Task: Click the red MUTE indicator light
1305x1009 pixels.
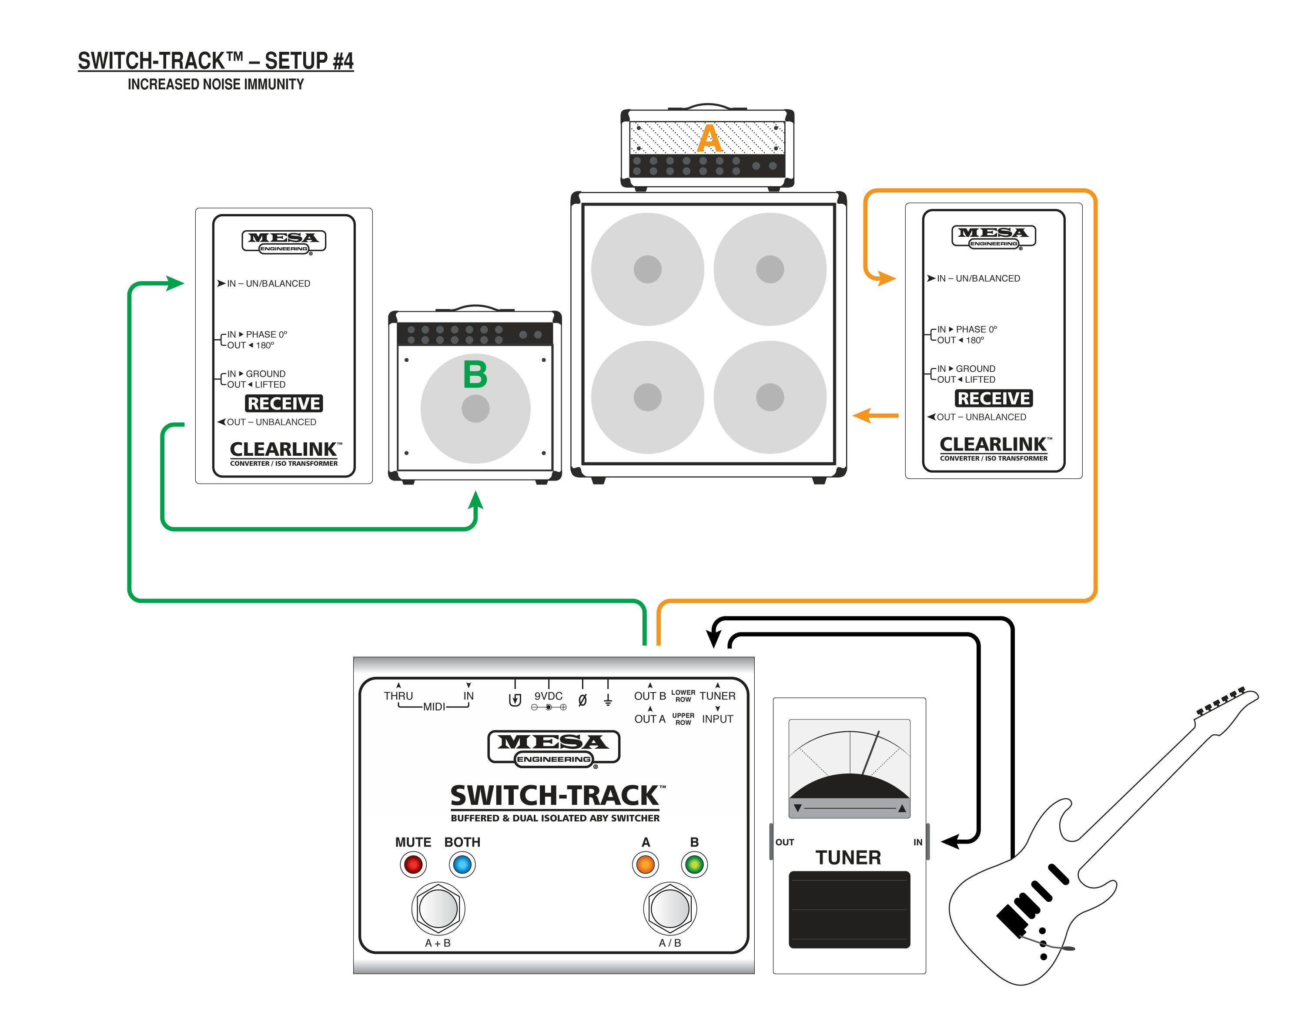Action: pos(413,864)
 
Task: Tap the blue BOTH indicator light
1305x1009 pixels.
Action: pos(462,864)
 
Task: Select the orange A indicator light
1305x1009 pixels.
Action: pos(646,864)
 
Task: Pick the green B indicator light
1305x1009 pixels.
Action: pos(694,864)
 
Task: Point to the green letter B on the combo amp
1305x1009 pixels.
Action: pos(475,375)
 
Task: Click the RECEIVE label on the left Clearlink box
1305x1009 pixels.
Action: pos(284,404)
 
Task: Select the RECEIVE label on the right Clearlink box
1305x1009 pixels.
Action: pos(994,398)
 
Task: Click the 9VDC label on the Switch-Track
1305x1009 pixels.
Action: pos(548,696)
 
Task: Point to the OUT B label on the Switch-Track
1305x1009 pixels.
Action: pos(649,696)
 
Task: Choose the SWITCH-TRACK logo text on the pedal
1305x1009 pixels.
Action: pos(555,796)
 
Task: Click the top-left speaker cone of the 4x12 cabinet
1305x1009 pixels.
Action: pos(647,269)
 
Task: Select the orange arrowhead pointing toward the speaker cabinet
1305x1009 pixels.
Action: pos(861,415)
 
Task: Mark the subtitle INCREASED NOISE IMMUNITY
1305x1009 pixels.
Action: pos(216,84)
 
